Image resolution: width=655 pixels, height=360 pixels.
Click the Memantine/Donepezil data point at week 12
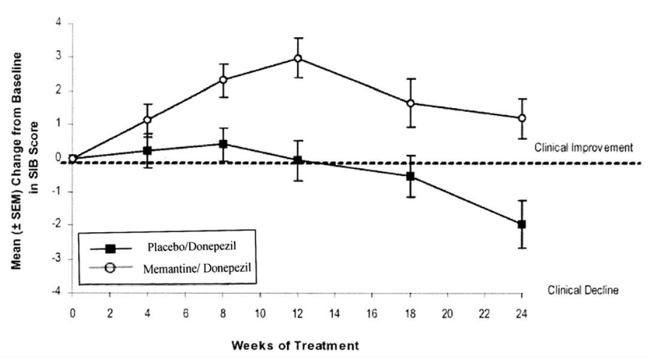[x=298, y=58]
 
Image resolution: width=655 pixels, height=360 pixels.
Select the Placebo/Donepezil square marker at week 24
[x=522, y=224]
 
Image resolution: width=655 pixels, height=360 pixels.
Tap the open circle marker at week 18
[x=410, y=103]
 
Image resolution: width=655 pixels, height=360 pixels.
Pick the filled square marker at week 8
[x=223, y=144]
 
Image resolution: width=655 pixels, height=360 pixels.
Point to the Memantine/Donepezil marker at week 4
[x=147, y=120]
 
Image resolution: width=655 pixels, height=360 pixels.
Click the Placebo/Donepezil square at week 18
[x=410, y=176]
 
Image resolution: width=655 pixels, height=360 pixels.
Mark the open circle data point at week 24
[x=522, y=118]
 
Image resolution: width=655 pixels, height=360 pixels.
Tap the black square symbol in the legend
[x=110, y=247]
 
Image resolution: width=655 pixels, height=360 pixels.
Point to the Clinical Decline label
[x=583, y=290]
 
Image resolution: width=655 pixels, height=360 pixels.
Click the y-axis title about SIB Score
[x=28, y=160]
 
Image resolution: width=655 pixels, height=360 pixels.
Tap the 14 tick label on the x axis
[x=334, y=314]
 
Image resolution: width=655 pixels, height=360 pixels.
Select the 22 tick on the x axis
[x=484, y=314]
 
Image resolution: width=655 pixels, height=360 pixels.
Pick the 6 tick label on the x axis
[x=185, y=314]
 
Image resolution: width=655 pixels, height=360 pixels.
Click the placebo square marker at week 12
[x=298, y=160]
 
